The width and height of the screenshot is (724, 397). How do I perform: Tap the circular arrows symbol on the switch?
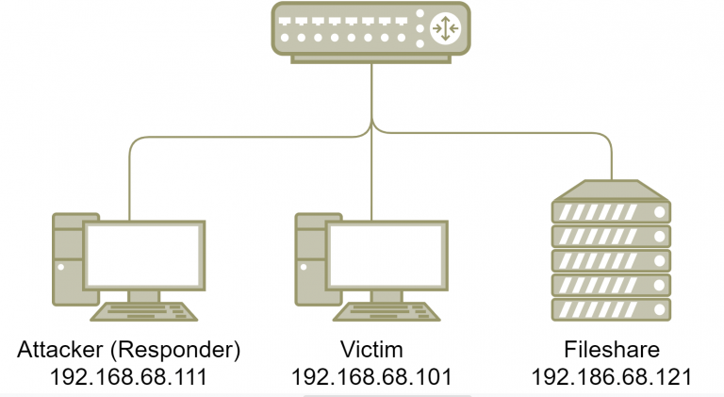tap(444, 28)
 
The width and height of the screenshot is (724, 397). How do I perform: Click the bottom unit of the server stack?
tap(611, 308)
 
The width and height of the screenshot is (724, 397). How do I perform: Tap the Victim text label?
tap(371, 351)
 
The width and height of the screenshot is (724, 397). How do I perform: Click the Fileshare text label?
tap(611, 351)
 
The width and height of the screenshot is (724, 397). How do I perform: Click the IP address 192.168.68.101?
tap(371, 378)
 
